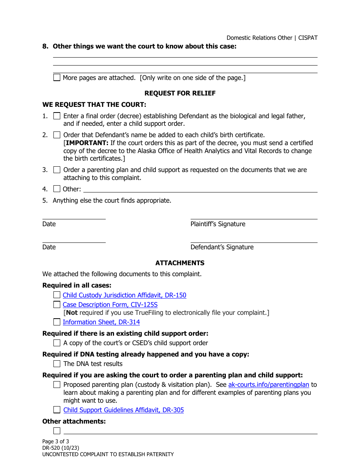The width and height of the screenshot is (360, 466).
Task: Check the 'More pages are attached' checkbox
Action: [x=57, y=78]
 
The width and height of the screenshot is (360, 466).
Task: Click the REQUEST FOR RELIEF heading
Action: [x=180, y=93]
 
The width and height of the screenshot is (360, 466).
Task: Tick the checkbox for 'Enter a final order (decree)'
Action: [x=57, y=116]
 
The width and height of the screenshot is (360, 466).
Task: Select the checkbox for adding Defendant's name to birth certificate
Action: [x=57, y=135]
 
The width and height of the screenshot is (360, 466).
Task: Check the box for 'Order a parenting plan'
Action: [x=57, y=170]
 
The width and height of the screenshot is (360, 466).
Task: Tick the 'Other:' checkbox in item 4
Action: [x=57, y=189]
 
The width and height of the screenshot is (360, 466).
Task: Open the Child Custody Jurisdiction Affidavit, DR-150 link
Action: [x=124, y=295]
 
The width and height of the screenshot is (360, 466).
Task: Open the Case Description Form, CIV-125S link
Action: [x=110, y=305]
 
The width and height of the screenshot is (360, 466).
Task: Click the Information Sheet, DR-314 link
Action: [x=101, y=322]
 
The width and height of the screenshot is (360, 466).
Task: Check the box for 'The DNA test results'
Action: [x=57, y=364]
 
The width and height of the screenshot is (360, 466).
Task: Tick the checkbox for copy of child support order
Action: [x=57, y=343]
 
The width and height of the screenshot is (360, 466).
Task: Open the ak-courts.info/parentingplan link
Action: [x=269, y=385]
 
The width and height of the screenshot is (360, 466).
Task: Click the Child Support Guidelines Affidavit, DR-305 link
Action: [x=124, y=410]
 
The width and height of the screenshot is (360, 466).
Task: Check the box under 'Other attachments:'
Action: [x=57, y=431]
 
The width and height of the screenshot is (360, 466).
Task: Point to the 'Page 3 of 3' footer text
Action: [x=56, y=441]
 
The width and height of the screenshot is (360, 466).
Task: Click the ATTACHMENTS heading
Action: [x=180, y=263]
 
